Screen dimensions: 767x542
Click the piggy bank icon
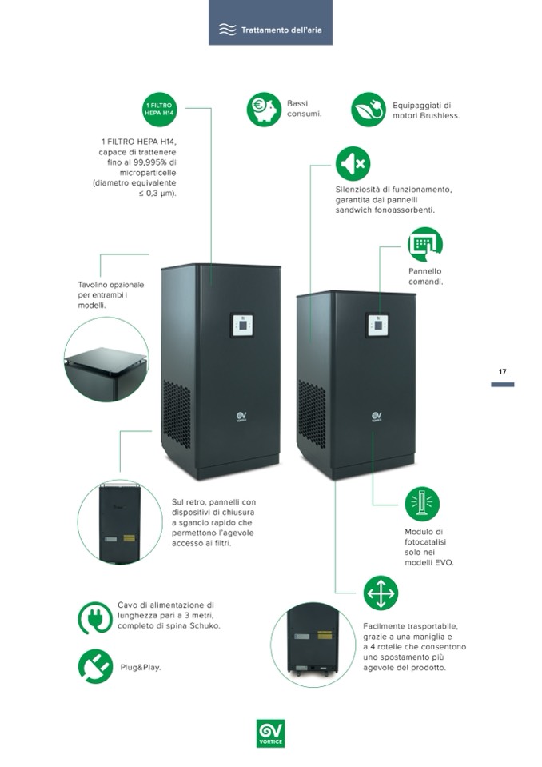[264, 110]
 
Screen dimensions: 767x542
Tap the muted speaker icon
[353, 163]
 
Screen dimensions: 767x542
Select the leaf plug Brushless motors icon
[368, 110]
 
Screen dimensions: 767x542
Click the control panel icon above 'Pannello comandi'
[424, 244]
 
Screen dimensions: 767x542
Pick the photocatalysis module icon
[422, 504]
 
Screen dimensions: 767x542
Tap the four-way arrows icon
[381, 593]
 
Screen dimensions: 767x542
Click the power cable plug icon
[95, 617]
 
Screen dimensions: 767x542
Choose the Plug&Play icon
[95, 666]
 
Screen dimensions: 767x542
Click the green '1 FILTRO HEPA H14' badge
[159, 110]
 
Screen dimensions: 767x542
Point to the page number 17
[503, 372]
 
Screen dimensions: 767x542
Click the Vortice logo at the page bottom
[270, 732]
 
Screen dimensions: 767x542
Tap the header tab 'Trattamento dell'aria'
[270, 30]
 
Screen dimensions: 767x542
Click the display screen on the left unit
[241, 325]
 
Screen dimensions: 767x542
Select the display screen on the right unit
[377, 325]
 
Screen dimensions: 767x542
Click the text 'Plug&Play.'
[141, 667]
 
